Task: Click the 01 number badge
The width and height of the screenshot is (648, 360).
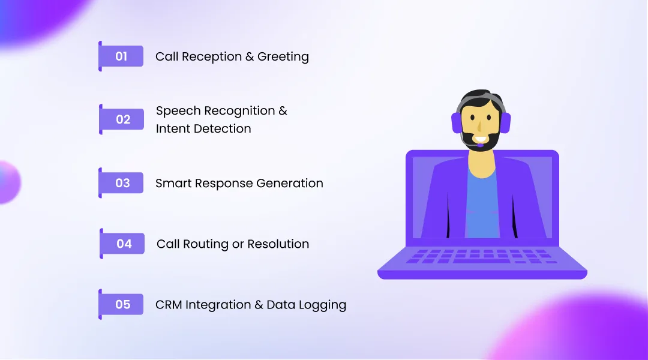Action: [x=122, y=56]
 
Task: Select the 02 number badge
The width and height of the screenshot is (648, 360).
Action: [x=123, y=119]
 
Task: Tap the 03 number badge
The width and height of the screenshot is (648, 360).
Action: [x=122, y=183]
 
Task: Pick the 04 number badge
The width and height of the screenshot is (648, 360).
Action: [x=124, y=244]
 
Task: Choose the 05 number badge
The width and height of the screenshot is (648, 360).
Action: [x=122, y=305]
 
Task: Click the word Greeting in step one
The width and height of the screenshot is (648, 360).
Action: [x=283, y=57]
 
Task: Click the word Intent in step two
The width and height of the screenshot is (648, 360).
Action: [x=172, y=128]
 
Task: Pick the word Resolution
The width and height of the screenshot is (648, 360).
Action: [x=278, y=244]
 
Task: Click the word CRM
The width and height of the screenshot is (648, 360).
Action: [x=169, y=305]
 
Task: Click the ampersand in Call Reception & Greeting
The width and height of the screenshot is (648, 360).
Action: [x=250, y=57]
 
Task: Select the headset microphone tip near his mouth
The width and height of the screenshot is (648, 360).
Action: [x=481, y=145]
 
